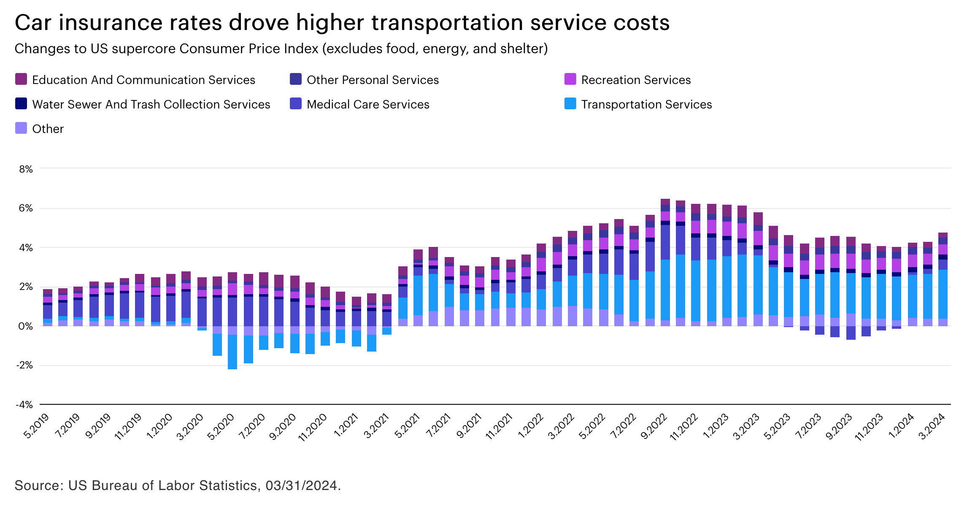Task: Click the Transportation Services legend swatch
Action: tap(570, 104)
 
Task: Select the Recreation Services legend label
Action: tap(636, 80)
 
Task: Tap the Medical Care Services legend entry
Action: tap(367, 104)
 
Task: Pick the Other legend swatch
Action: tap(21, 128)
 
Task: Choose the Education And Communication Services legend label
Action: tap(143, 80)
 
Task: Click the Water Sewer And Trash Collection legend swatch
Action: tap(21, 104)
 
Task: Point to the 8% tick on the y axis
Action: tap(26, 169)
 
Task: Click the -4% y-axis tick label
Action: tap(24, 405)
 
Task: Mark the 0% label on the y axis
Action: tap(26, 326)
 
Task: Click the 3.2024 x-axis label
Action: tap(932, 426)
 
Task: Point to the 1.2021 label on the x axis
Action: tap(346, 426)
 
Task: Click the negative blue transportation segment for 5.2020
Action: tap(232, 352)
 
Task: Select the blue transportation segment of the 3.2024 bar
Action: tap(943, 294)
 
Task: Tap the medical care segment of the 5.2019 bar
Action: tap(48, 312)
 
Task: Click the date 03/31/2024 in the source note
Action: tap(301, 486)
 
